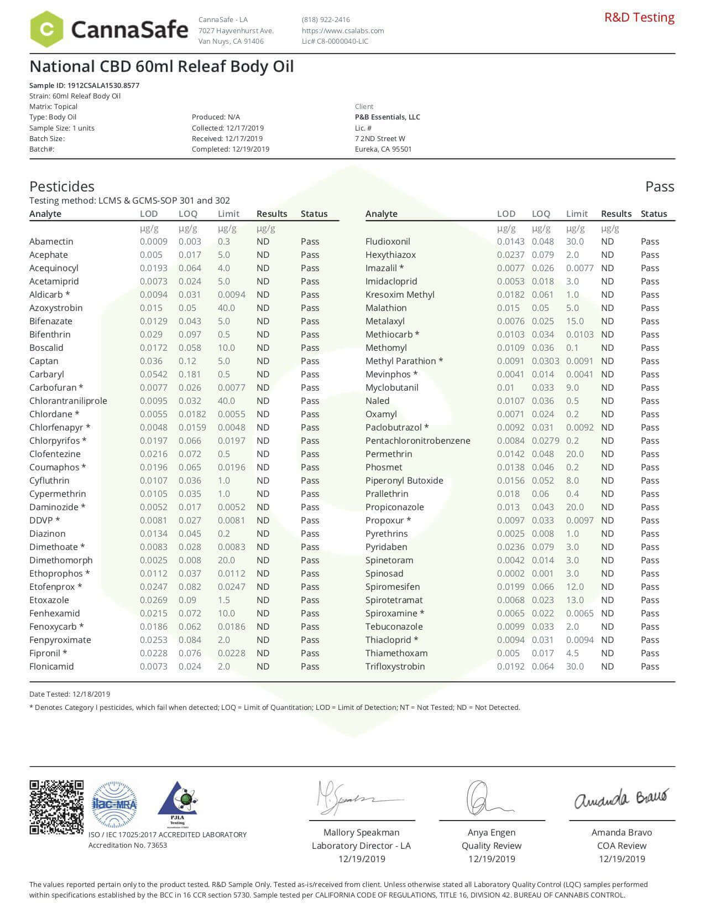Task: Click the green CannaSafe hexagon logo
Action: click(x=46, y=29)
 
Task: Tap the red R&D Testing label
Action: click(x=639, y=17)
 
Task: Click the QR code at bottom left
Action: click(x=56, y=807)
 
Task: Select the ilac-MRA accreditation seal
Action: click(x=114, y=805)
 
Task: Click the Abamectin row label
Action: click(x=51, y=241)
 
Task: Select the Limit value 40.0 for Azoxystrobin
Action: click(x=226, y=308)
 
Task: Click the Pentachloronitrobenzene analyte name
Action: click(x=417, y=440)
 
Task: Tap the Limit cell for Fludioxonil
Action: click(x=575, y=241)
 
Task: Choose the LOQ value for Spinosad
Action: click(x=542, y=573)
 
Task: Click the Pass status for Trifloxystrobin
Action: click(x=650, y=666)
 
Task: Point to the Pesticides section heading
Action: click(x=62, y=186)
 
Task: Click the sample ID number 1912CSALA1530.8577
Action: click(x=103, y=85)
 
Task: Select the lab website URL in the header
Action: click(x=343, y=30)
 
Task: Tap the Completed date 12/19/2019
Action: click(x=250, y=149)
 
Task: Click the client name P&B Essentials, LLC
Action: click(x=387, y=117)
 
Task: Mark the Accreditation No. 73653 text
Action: click(x=128, y=845)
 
